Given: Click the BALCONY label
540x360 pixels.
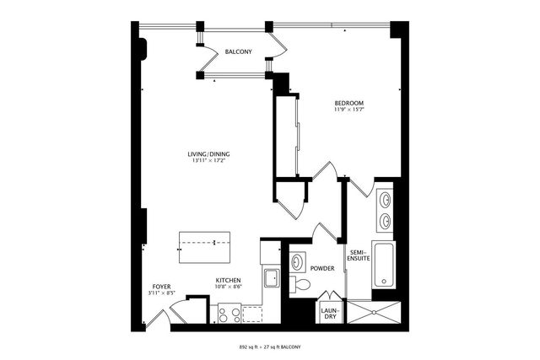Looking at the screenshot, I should tap(239, 52).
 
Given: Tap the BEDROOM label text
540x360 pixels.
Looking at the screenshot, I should tap(348, 102).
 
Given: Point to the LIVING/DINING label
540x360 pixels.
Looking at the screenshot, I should tap(209, 154).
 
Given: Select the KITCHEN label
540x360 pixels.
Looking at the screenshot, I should tap(229, 280).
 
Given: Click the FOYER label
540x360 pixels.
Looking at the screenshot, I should tap(161, 287).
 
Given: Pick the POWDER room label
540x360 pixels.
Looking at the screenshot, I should tap(322, 269).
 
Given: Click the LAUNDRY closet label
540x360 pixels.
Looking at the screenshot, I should tap(330, 314).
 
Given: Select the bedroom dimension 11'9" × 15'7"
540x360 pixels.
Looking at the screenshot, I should tap(348, 110).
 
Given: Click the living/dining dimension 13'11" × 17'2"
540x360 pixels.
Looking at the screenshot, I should tap(209, 162).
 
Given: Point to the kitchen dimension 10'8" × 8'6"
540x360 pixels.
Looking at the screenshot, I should tap(229, 287).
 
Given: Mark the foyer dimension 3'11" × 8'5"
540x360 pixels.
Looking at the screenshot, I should tap(161, 294).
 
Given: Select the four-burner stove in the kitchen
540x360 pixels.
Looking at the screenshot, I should tap(229, 314).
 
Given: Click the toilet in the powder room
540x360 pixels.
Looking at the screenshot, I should tap(300, 285).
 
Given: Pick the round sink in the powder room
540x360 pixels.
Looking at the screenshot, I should tap(297, 262).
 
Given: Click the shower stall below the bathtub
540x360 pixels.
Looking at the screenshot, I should tap(375, 313).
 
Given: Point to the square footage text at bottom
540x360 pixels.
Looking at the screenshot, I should tap(269, 347).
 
